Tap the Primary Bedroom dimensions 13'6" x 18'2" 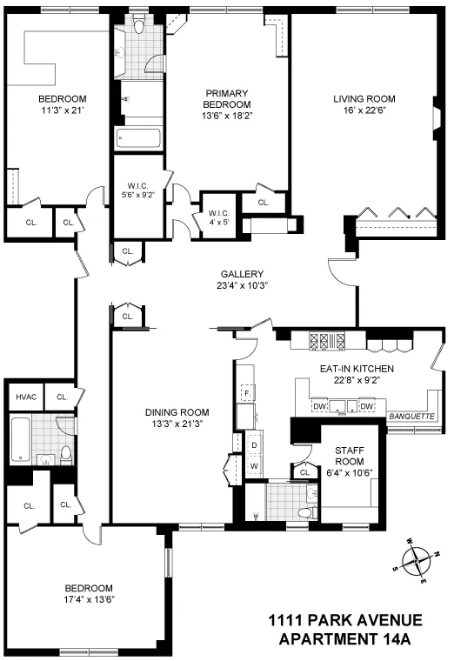[228, 117]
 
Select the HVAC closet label [23, 397]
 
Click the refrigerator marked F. [247, 393]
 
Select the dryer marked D [254, 446]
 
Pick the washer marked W [254, 464]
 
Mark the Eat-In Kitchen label [357, 369]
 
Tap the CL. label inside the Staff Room [305, 472]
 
